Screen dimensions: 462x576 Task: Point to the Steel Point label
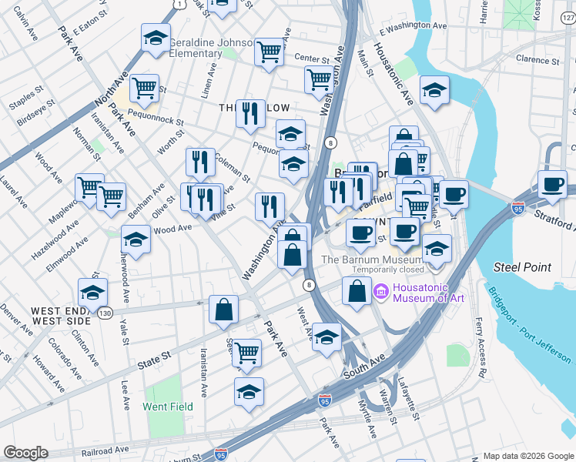[522, 267]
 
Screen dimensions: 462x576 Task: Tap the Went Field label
[168, 406]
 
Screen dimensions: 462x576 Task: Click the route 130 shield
[105, 313]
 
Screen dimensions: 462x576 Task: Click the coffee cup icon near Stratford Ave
[551, 185]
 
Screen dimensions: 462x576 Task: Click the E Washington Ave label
[413, 25]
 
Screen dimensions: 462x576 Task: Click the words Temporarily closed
[387, 270]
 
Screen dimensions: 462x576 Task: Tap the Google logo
[25, 453]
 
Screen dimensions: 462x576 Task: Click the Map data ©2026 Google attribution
[527, 456]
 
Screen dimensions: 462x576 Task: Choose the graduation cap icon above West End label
[92, 292]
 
